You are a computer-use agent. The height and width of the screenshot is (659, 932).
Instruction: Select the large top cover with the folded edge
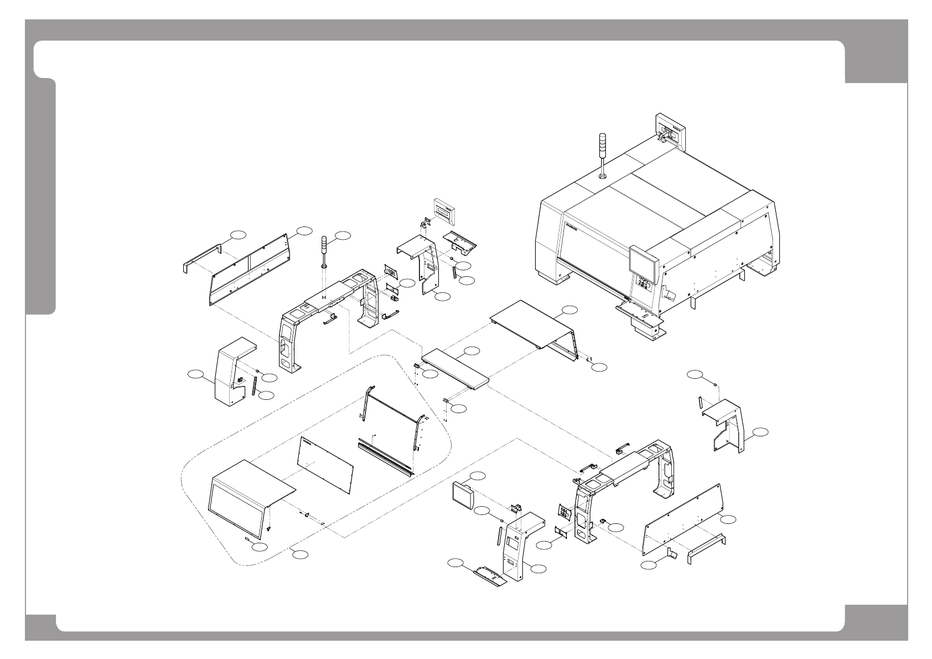click(x=534, y=327)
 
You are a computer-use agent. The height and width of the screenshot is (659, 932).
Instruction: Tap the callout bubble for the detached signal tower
click(x=343, y=235)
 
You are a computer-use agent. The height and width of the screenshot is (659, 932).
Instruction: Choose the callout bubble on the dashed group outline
click(x=301, y=554)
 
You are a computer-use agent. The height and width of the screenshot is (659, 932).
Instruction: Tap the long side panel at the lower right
click(x=682, y=519)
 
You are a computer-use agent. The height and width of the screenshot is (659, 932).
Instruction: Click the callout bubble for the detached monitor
click(x=478, y=475)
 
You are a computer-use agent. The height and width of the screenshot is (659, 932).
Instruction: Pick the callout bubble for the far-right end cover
click(x=760, y=431)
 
